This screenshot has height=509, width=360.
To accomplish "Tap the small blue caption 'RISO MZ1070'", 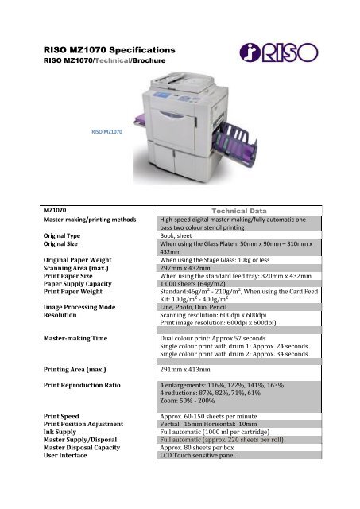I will pyautogui.click(x=107, y=132).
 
